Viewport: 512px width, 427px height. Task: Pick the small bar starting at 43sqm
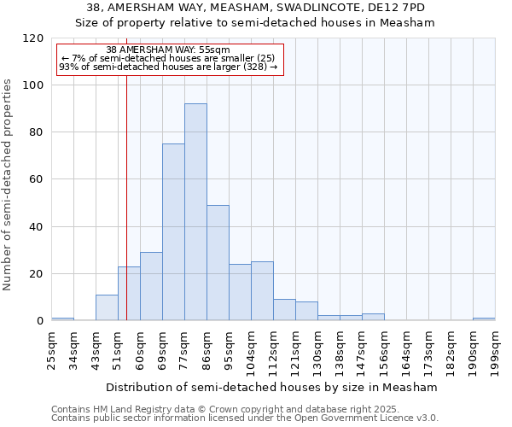107,307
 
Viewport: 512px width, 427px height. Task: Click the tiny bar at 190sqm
484,319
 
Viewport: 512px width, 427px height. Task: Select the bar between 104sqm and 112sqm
262,291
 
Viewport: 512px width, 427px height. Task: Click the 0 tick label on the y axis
39,321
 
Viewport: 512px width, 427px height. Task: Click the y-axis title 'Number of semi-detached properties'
9,184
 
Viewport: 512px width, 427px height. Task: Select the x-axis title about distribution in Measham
273,387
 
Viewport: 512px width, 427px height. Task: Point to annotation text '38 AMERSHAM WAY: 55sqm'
168,50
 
